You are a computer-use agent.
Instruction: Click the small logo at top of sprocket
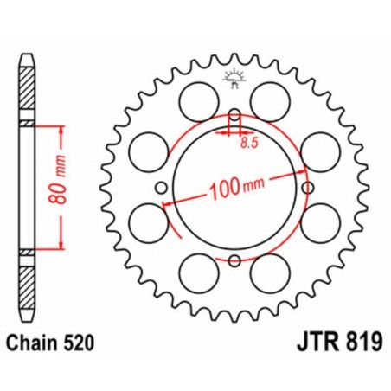point(234,80)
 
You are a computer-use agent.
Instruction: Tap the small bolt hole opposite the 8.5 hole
point(234,260)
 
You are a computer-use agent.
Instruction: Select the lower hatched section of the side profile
point(29,281)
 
